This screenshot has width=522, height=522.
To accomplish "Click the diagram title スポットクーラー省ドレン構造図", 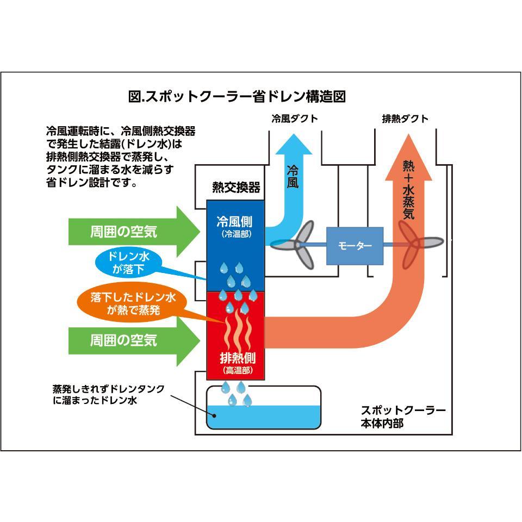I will (x=237, y=97).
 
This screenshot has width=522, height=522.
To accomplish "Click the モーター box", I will (x=355, y=246).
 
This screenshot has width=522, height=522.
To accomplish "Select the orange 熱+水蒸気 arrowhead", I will (x=408, y=158).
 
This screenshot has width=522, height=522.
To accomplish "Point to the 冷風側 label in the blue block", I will (x=234, y=222).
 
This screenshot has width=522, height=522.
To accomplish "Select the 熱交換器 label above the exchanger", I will (x=235, y=188).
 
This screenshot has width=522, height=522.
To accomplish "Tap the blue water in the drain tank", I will (x=264, y=417).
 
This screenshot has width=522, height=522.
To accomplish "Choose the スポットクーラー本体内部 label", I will (x=403, y=417).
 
